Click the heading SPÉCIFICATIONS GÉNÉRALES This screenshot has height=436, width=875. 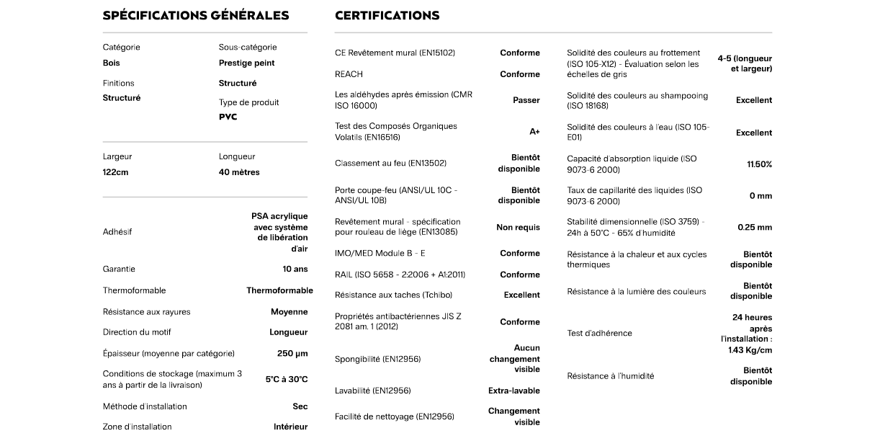point(196,15)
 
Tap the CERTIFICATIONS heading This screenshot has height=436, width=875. point(387,15)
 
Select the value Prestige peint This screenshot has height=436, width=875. point(246,63)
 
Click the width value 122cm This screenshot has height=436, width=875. point(115,172)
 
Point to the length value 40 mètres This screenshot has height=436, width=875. point(239,172)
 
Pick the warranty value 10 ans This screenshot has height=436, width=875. point(295,269)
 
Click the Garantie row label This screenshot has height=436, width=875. point(119,269)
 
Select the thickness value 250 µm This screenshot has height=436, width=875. point(292,353)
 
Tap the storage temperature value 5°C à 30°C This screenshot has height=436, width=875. point(287,379)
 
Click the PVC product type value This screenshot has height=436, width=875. point(228,117)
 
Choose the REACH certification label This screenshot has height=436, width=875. point(349,74)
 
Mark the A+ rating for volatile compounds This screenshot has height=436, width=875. point(534,132)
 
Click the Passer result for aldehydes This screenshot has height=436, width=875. point(526,100)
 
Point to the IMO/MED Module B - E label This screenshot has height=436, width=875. point(380,253)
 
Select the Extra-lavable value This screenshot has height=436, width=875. point(513,391)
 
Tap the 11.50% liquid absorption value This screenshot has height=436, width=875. point(759,164)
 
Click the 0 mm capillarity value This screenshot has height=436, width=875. point(760,196)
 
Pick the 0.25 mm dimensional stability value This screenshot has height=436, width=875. point(755,227)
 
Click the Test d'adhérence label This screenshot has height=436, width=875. point(599,333)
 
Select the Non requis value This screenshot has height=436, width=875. point(518,227)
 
